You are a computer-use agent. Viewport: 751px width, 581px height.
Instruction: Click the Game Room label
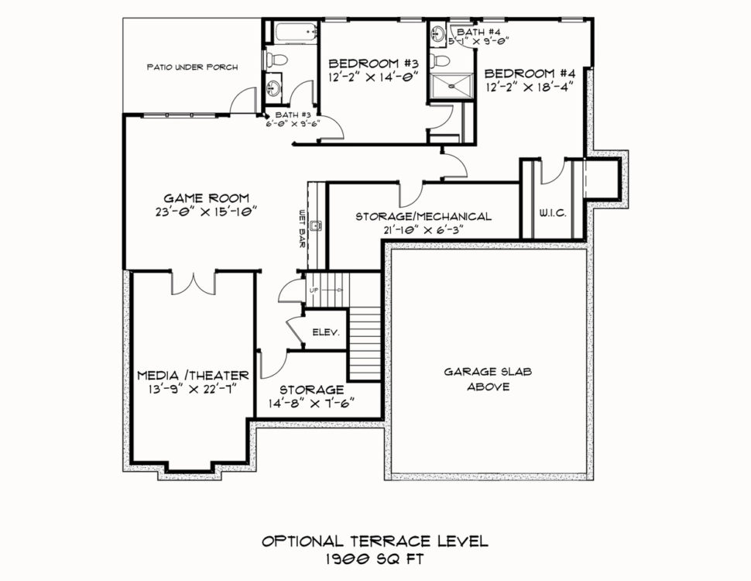click(207, 198)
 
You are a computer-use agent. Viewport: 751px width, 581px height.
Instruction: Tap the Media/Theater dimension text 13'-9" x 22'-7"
click(193, 389)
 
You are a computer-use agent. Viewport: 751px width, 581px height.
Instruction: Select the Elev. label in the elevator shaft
click(326, 332)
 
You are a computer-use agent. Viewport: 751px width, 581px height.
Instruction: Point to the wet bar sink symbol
click(316, 225)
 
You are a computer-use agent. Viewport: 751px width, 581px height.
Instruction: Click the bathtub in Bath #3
click(296, 33)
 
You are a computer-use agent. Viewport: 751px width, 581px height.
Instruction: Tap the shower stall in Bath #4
click(451, 86)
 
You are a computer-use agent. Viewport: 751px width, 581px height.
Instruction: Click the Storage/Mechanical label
click(424, 217)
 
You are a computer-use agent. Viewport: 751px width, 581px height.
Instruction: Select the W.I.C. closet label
click(553, 213)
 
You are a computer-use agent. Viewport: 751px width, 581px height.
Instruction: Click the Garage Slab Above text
click(488, 379)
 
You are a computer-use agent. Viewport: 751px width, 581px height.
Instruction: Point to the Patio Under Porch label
click(192, 67)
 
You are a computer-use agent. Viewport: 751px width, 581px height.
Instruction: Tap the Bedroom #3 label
click(374, 64)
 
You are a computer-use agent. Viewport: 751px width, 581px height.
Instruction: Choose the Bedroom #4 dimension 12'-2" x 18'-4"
click(530, 88)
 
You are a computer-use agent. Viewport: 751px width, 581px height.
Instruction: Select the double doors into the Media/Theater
click(194, 284)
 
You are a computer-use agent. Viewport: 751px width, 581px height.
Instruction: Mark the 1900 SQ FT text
click(375, 559)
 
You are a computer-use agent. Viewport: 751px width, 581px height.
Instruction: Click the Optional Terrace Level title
click(375, 541)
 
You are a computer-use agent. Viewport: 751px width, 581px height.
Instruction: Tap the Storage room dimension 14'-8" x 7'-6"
click(311, 403)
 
